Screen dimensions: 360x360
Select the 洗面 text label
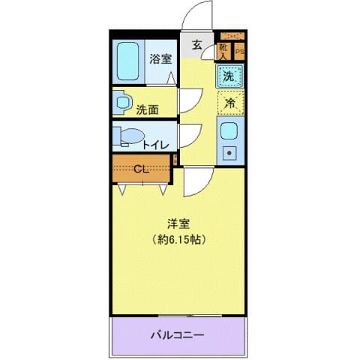[147, 109]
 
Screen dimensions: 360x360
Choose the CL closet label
[140, 167]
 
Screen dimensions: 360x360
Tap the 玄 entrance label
[196, 44]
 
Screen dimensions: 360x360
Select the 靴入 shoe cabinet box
[223, 50]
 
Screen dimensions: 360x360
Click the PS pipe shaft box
[239, 51]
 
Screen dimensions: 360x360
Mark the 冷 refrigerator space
[231, 103]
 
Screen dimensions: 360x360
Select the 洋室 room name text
[178, 222]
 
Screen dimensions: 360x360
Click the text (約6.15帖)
[178, 240]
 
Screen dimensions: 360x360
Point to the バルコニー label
[178, 334]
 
